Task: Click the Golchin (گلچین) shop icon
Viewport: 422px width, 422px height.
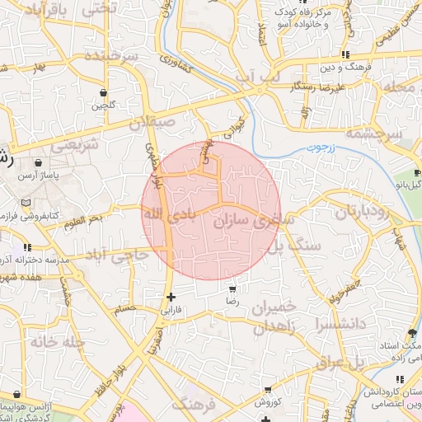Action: (102, 92)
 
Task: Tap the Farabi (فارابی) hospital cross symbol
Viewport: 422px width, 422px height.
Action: (171, 297)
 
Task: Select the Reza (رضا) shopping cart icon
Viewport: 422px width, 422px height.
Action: (232, 289)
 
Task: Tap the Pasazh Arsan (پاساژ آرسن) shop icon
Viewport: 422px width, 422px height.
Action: (38, 162)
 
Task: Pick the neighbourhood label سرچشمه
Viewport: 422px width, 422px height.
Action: (373, 133)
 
